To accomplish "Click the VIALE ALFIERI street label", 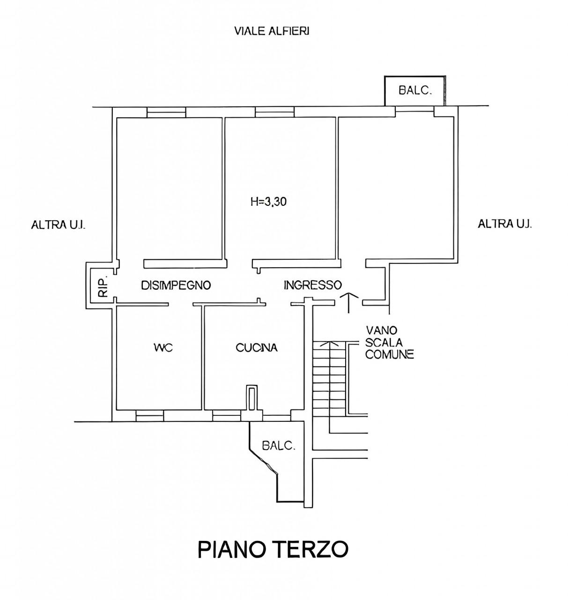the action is click(271, 31).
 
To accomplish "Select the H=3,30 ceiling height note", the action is click(268, 202).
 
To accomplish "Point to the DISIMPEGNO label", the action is click(176, 285).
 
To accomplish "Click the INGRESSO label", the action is click(312, 285).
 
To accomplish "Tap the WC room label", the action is click(163, 347).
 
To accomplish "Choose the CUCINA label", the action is click(257, 348).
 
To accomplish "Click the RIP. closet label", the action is click(104, 287).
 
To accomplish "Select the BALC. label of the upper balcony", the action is click(415, 90).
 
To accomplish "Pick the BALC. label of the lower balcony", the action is click(279, 446).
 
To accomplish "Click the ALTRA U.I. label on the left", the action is click(58, 225).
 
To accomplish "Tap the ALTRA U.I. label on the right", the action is click(505, 224).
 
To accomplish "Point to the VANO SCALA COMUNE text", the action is click(390, 342).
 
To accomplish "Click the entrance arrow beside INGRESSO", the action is click(349, 303).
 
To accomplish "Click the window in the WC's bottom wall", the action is click(149, 416).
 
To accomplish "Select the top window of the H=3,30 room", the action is click(274, 112).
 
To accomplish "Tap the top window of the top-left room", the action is click(166, 112).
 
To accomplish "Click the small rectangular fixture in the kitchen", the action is click(252, 397).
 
